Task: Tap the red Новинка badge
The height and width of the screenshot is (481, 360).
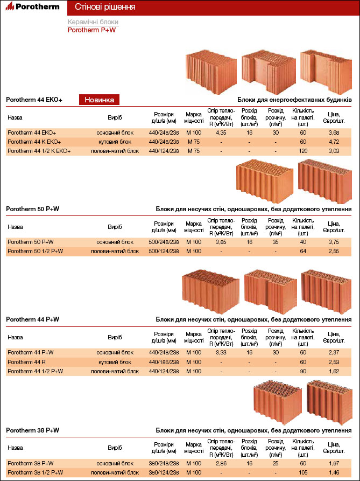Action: pos(100,100)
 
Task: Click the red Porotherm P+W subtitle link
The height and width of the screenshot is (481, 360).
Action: pos(91,30)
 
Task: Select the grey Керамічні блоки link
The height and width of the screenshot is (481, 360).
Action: pos(93,22)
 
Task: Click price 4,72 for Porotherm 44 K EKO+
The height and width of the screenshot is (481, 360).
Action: pos(334,142)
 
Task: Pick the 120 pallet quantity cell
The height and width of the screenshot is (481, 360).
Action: pos(303,151)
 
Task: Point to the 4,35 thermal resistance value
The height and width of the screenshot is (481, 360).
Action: pos(220,133)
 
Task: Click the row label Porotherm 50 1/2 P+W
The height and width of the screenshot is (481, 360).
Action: pos(35,251)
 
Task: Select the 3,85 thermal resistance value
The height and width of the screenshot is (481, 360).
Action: pos(220,242)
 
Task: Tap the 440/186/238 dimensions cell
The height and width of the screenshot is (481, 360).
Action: pos(164,362)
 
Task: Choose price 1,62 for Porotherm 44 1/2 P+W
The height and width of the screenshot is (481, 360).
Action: pos(334,371)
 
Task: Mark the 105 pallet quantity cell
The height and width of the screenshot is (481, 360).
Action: pos(303,472)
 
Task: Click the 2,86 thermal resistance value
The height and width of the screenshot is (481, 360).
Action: pos(220,463)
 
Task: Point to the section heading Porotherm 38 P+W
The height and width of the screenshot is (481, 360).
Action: pos(32,430)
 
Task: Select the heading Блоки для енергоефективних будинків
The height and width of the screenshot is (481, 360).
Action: pos(294,100)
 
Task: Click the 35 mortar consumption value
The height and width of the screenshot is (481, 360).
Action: pos(276,242)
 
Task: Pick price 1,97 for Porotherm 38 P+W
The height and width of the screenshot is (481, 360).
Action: pos(334,463)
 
